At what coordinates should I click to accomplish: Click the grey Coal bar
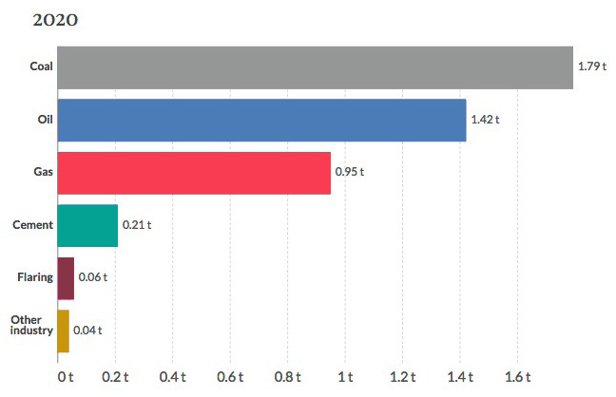coord(315,67)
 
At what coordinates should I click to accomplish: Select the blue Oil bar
coord(261,121)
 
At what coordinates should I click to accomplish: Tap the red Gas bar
coord(194,173)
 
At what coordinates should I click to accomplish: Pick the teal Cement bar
coord(87,225)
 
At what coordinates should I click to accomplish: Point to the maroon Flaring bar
coord(66,278)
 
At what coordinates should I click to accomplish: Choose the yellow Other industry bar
coord(63,331)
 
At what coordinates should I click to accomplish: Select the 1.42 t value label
coord(485,121)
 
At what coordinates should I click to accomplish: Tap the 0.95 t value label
coord(349,173)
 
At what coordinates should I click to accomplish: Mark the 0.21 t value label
coord(136,225)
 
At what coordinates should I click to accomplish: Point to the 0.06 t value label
coord(92,278)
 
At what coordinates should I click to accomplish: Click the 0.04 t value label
coord(87,331)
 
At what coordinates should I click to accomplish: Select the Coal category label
coord(41,67)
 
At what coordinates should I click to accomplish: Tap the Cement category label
coord(32,225)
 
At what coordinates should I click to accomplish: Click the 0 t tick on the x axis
coord(66,376)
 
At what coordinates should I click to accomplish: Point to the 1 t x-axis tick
coord(345,376)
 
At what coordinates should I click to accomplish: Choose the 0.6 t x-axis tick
coord(231,376)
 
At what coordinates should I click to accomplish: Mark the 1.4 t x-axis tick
coord(460,376)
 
